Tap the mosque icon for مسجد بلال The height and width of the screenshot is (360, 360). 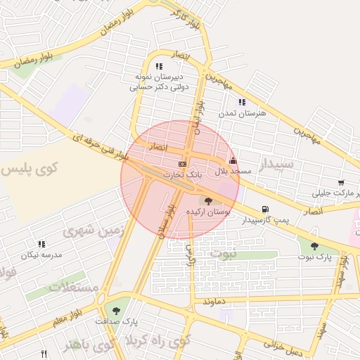point(233,161)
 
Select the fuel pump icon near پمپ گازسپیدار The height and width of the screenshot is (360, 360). point(264,209)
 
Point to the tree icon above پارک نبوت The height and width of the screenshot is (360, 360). point(314,246)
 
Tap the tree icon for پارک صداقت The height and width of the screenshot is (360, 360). point(116,309)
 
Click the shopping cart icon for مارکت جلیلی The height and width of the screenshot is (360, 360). point(341,182)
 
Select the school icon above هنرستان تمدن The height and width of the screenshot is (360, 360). point(242,103)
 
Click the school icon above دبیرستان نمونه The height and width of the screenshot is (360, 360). point(158,67)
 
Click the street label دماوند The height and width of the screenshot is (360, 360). point(214,300)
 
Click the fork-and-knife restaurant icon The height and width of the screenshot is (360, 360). point(44,354)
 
